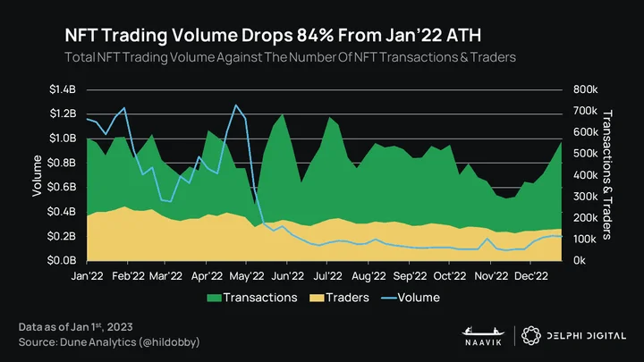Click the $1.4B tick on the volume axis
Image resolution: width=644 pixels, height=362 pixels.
pyautogui.click(x=63, y=89)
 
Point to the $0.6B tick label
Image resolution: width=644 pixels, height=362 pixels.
pyautogui.click(x=62, y=187)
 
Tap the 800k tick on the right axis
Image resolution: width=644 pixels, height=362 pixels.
pyautogui.click(x=585, y=89)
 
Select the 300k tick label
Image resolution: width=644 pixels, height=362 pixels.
pyautogui.click(x=585, y=197)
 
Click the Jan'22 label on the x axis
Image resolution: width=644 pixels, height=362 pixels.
pyautogui.click(x=87, y=276)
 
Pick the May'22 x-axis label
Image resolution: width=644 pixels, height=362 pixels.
pyautogui.click(x=247, y=276)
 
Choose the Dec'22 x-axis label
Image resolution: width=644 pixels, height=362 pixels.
pyautogui.click(x=530, y=276)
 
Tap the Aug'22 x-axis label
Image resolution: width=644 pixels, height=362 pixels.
pyautogui.click(x=369, y=276)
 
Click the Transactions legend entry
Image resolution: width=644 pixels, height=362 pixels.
pyautogui.click(x=251, y=298)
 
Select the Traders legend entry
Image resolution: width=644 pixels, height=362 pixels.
pyautogui.click(x=339, y=298)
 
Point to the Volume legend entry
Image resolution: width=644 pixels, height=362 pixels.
pyautogui.click(x=411, y=298)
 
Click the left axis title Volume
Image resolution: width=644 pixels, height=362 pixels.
pyautogui.click(x=37, y=176)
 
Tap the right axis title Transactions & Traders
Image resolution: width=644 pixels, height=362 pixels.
pyautogui.click(x=607, y=175)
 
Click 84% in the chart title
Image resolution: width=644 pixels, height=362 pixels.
pyautogui.click(x=315, y=35)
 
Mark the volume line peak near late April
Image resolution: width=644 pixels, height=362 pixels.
pyautogui.click(x=235, y=105)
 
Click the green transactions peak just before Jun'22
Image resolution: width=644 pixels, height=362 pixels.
pyautogui.click(x=282, y=114)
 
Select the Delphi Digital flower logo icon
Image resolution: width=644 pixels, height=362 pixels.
pyautogui.click(x=531, y=336)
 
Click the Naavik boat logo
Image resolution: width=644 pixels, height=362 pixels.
pyautogui.click(x=483, y=332)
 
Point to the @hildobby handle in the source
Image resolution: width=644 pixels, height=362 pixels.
pyautogui.click(x=169, y=342)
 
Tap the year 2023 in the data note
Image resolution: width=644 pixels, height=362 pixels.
pyautogui.click(x=120, y=327)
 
